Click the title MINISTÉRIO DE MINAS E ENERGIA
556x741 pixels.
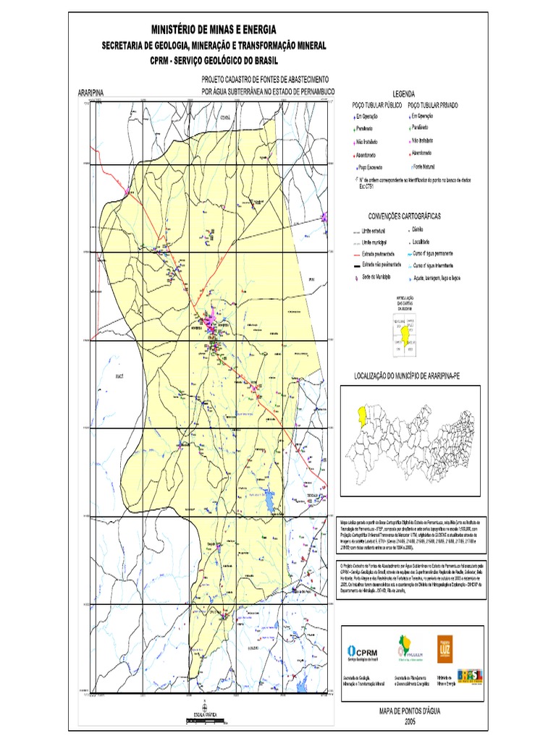pos(214,30)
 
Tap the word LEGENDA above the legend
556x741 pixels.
pos(403,95)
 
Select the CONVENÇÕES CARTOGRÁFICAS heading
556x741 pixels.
pos(404,216)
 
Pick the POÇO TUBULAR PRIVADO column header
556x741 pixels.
pos(433,106)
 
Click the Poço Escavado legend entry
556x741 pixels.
pos(371,166)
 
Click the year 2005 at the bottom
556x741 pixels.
pos(410,721)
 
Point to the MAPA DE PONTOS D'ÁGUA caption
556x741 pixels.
pos(410,712)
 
